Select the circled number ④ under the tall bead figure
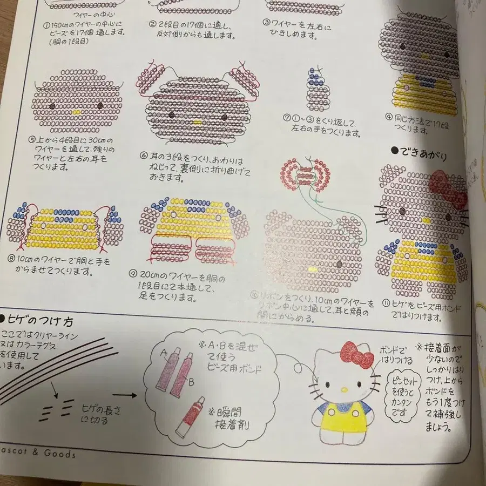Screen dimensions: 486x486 coord(388,117)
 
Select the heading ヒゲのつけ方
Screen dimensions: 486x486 coord(38,322)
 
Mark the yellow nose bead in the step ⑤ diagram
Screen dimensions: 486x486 coord(77,112)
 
